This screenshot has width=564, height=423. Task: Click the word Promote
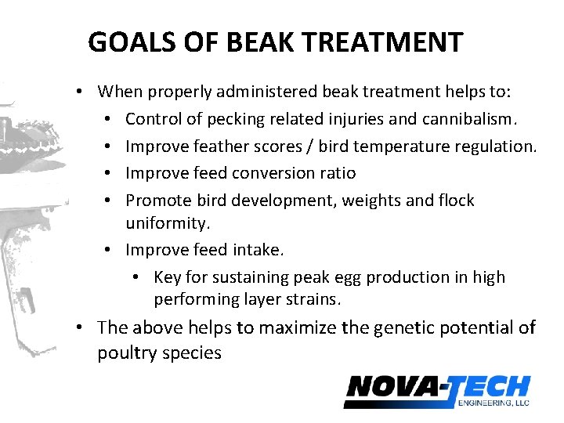157,201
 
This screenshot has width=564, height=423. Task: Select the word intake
258,250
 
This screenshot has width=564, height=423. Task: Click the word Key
168,277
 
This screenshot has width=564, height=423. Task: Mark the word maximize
298,327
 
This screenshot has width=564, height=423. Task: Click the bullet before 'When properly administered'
81,92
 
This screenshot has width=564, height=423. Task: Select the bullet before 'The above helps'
81,327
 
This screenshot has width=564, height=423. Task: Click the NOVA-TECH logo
436,389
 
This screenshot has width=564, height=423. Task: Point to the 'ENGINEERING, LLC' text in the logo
494,403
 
